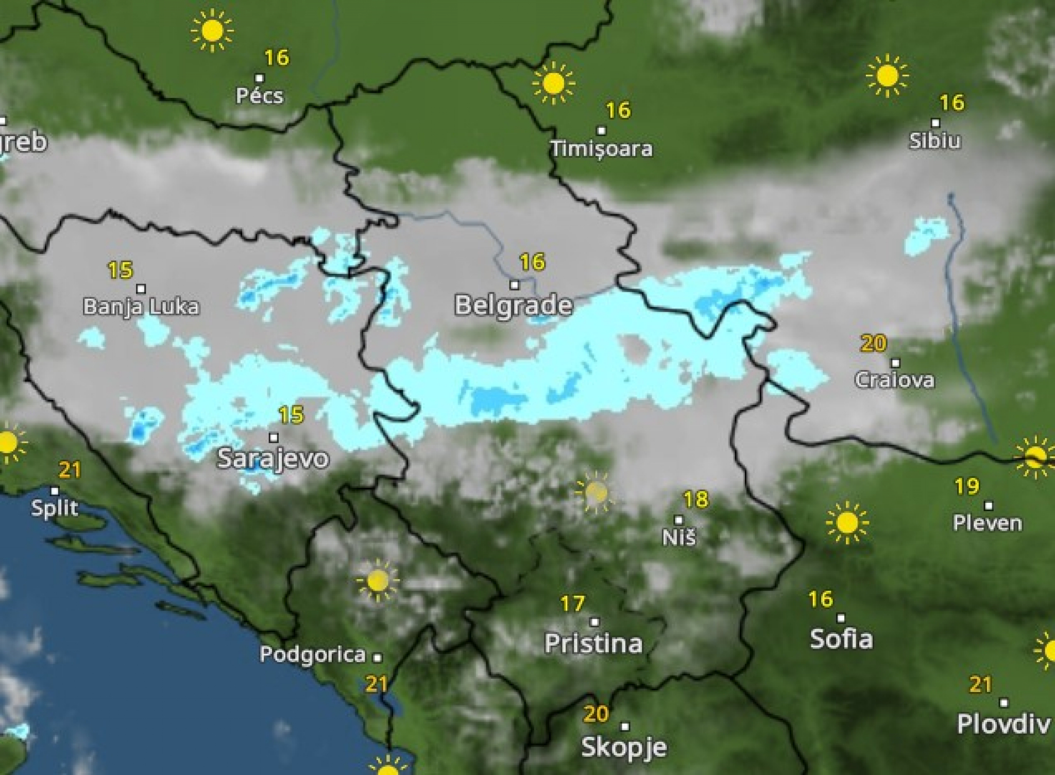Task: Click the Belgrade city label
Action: (513, 305)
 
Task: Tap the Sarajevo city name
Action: (273, 458)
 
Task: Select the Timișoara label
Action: (601, 149)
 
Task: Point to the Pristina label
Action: (593, 643)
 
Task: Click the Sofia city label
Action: (841, 639)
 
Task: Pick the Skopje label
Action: (624, 747)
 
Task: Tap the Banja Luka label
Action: (141, 307)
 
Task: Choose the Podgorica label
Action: (313, 654)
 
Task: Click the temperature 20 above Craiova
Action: (873, 343)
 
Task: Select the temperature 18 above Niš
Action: (695, 499)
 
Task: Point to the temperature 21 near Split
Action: (70, 470)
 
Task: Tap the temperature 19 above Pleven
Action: (966, 486)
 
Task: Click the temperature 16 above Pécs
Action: (277, 58)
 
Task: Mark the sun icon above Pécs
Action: (212, 31)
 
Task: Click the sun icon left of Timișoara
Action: (553, 83)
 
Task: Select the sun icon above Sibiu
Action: (887, 76)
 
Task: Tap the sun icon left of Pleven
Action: (846, 523)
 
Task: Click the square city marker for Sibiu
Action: (935, 123)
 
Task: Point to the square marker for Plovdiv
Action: (1003, 702)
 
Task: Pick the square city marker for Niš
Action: (678, 520)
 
